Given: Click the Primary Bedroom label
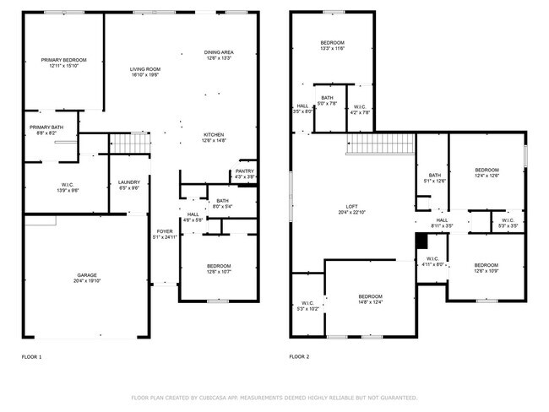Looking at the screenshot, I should pos(63,61).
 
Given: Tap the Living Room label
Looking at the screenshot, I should pos(144,69).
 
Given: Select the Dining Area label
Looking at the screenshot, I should pos(220,52).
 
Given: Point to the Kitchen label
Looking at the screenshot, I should pos(214,135).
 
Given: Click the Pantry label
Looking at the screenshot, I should pos(244,172).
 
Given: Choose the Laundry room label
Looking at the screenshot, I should pos(128,182).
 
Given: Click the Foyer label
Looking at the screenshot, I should pos(164,230).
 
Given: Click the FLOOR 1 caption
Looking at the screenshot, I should pos(31,357).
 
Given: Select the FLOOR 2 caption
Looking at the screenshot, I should pos(299,357).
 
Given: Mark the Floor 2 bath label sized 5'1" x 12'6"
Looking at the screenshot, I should pos(435,176).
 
